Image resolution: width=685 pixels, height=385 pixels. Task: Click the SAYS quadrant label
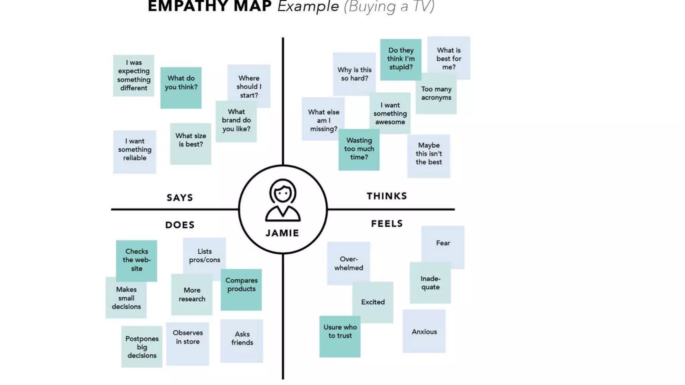pos(180,198)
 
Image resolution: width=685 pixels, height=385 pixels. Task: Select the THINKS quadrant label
pos(387,196)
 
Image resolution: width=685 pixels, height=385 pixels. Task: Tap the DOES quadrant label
pos(180,225)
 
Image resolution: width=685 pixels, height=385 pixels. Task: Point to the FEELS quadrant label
pos(387,224)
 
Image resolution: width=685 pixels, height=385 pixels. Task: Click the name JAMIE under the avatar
pos(283,233)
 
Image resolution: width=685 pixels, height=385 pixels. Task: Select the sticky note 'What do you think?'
pos(181,88)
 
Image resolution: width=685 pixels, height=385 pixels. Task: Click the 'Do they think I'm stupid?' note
pos(401,59)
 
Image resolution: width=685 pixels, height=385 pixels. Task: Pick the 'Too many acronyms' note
pos(436,94)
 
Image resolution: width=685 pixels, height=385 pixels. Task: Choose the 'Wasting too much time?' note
pos(359,149)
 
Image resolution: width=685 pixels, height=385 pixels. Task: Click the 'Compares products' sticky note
pos(241,289)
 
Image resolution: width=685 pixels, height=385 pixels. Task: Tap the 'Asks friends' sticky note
pos(242,341)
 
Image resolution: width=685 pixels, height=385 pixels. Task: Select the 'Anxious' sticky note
pos(424,332)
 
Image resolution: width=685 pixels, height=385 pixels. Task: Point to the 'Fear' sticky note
pos(443,243)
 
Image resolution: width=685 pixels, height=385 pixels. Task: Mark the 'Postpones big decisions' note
pos(142,347)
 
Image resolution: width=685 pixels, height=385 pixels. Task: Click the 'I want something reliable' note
pos(135,152)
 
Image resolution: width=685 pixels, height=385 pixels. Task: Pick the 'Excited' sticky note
pos(373,302)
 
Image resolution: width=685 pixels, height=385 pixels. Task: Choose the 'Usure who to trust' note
pos(340,336)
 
